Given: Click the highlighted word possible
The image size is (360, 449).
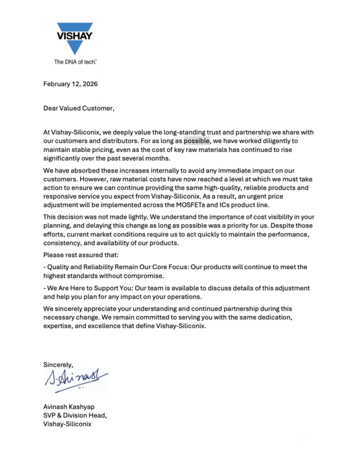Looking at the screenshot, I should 196,141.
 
